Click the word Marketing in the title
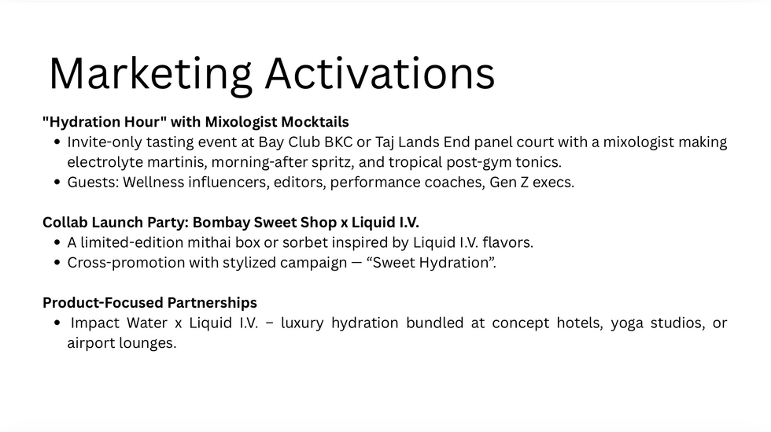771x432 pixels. coord(149,73)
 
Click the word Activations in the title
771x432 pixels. coord(379,73)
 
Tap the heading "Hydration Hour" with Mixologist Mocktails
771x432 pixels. coord(196,122)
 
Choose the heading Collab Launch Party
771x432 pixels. coord(113,223)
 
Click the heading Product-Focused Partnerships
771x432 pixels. coord(149,303)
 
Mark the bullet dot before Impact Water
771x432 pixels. coord(58,323)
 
